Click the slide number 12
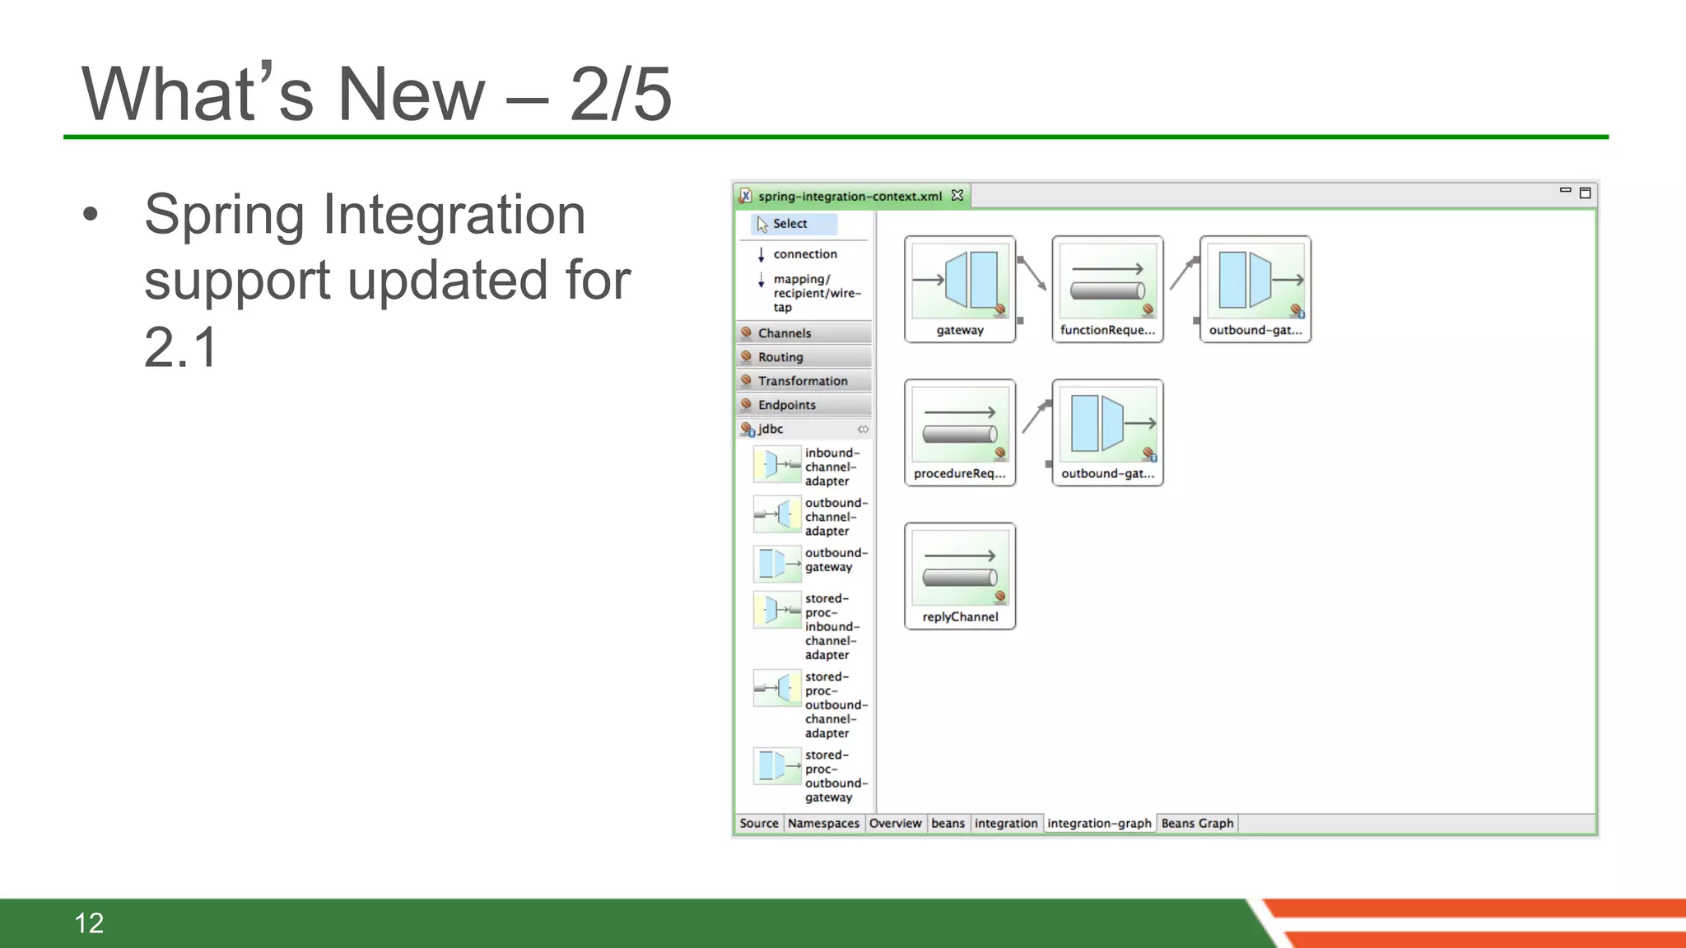[89, 922]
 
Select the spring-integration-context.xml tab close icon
[957, 196]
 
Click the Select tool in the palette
[789, 224]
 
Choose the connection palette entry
[804, 254]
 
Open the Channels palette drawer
[785, 333]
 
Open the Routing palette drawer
[780, 357]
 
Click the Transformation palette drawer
[803, 381]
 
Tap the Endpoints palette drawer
[787, 405]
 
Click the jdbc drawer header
[771, 429]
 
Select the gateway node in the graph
[960, 289]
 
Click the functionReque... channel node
[1107, 289]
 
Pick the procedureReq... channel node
[960, 432]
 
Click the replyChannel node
[960, 576]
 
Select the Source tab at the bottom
[758, 823]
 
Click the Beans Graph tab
[1197, 823]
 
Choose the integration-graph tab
[1099, 823]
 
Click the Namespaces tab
[823, 823]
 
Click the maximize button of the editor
[1585, 193]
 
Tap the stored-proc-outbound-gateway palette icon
[777, 766]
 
